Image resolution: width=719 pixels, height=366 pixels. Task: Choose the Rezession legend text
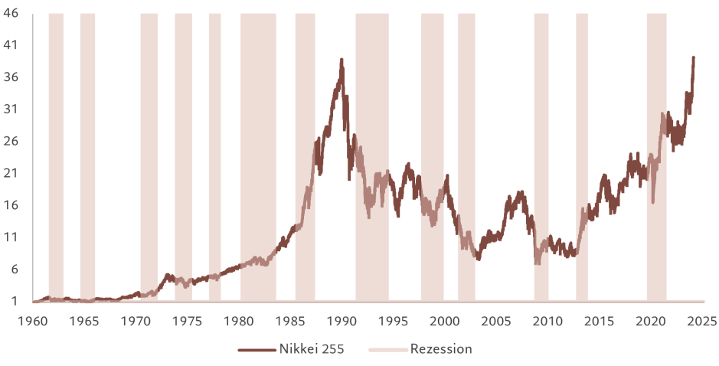[441, 350]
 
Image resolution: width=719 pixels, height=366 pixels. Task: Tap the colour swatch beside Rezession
[387, 350]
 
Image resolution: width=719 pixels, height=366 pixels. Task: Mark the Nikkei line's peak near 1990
[342, 59]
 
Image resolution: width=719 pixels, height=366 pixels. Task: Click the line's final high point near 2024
[694, 56]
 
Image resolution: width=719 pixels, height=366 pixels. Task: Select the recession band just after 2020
[656, 153]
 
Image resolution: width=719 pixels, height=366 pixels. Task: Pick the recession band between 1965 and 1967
[87, 153]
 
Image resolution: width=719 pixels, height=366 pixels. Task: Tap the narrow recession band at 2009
[541, 153]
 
